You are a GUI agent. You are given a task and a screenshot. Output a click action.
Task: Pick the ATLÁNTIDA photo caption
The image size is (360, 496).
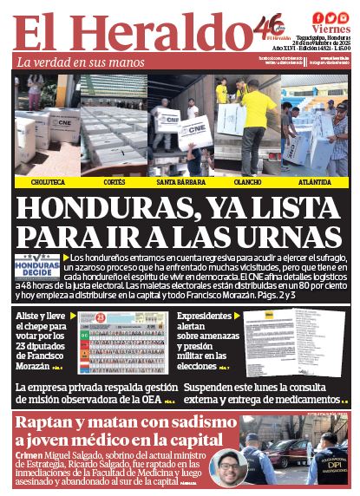pos(314,183)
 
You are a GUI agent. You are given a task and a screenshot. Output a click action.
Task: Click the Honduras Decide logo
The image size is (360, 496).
pos(38,265)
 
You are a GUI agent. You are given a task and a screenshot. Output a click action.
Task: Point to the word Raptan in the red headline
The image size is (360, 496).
pos(52,422)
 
